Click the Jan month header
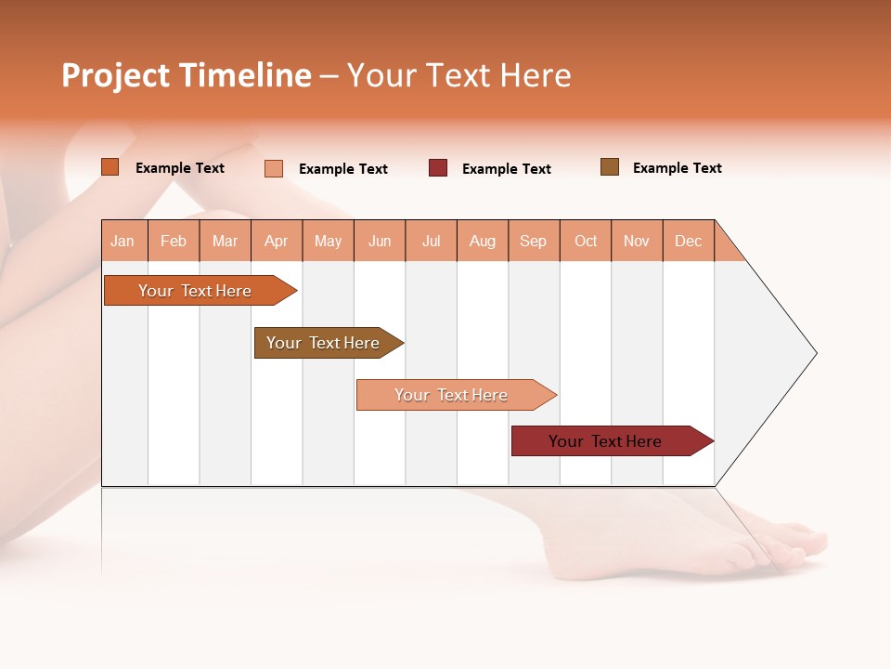[x=123, y=241]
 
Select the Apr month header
[x=276, y=241]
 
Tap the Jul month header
[x=431, y=241]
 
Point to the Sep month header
[x=533, y=241]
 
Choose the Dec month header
[x=688, y=241]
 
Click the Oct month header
[x=585, y=241]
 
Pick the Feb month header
[x=174, y=241]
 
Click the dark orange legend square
[x=110, y=167]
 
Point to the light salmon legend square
[x=274, y=168]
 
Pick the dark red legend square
[x=438, y=168]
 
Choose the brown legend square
[x=610, y=167]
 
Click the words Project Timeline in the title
[x=186, y=75]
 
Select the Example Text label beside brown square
[x=677, y=168]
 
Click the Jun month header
[x=380, y=241]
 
